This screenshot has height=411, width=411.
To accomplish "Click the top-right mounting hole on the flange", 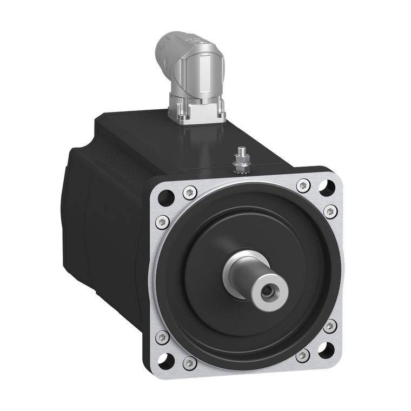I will pyautogui.click(x=326, y=188).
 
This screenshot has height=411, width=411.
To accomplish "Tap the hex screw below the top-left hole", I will pyautogui.click(x=161, y=222).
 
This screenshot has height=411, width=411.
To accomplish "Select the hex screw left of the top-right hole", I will pyautogui.click(x=303, y=185).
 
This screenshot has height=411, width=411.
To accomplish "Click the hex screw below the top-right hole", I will pyautogui.click(x=330, y=211).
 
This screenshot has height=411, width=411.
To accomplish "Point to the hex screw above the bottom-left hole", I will pyautogui.click(x=162, y=337).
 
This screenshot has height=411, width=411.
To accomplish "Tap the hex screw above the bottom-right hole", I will pyautogui.click(x=330, y=326).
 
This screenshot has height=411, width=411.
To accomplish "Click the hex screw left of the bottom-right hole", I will pyautogui.click(x=303, y=355).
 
